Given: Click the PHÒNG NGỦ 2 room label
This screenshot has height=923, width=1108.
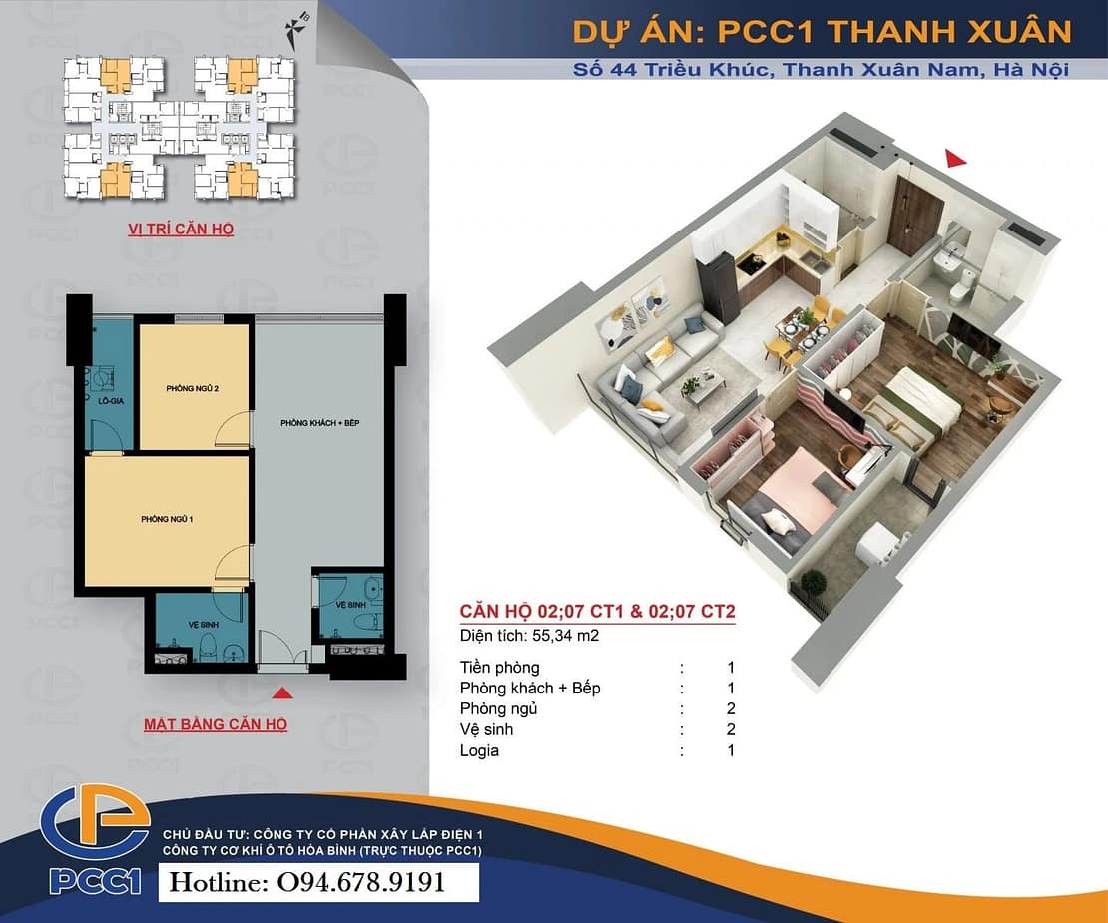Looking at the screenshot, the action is point(193,388).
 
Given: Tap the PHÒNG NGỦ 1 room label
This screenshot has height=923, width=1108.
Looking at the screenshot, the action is point(167,519).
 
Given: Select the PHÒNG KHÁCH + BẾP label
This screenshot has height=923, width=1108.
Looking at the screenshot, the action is point(320,423).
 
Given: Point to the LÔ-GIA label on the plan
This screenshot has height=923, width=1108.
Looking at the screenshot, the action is point(111,401).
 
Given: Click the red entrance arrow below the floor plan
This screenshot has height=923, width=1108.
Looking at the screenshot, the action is point(282,692).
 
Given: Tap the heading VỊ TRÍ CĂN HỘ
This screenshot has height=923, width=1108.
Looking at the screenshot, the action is point(181,229).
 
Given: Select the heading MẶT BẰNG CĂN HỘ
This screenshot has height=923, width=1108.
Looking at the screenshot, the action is point(216,724).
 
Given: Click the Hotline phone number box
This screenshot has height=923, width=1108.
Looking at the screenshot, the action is point(318,883).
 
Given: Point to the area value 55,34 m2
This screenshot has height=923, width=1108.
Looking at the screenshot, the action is point(565,636).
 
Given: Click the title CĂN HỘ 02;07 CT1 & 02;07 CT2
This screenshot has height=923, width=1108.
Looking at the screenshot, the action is point(598,611).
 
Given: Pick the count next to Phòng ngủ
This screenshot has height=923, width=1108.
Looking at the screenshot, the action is point(731,709).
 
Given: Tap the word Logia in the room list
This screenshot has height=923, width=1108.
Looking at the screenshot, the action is point(479,750).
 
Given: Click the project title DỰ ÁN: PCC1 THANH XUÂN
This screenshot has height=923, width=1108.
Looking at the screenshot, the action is point(822,32).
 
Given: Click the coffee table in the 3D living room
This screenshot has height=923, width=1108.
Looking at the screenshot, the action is point(704,388).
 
